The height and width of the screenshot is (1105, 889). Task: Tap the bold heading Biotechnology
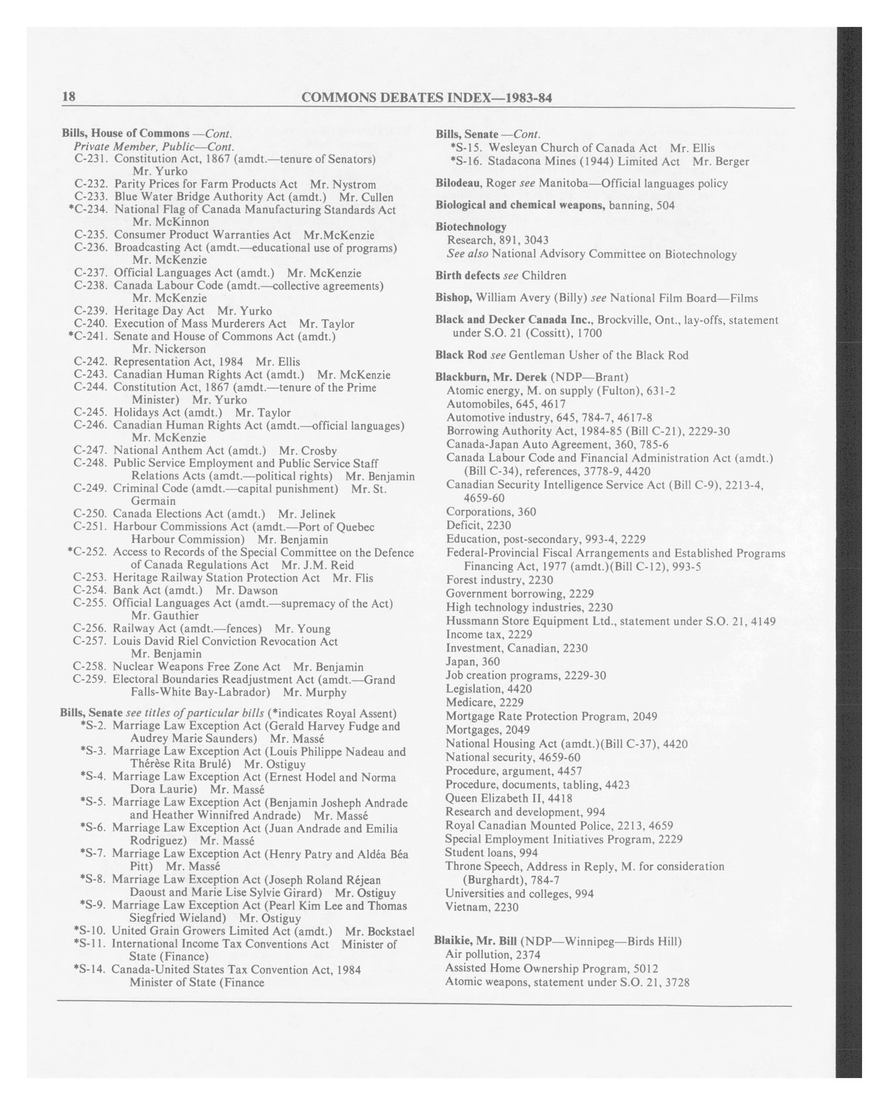[x=471, y=227]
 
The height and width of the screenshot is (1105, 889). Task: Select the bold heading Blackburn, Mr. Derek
[x=491, y=377]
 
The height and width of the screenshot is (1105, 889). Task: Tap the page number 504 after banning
[x=665, y=205]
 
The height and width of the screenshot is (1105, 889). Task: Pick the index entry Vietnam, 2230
[x=482, y=907]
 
